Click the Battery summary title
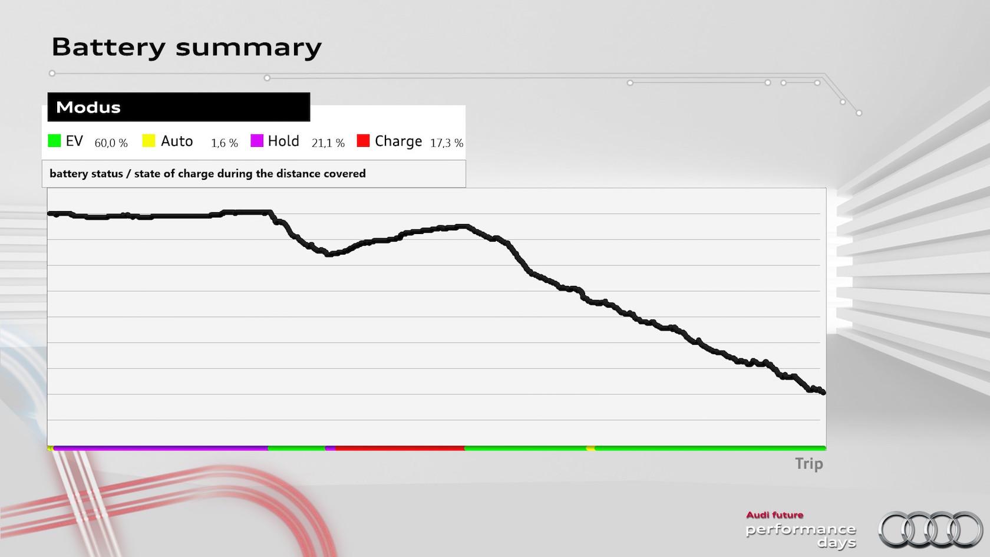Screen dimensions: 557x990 click(186, 47)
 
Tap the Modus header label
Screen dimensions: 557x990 click(88, 107)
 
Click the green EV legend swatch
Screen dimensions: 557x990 click(54, 141)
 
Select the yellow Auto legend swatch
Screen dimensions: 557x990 click(148, 141)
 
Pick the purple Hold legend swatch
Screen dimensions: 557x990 click(257, 141)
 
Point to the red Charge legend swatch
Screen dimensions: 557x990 click(363, 141)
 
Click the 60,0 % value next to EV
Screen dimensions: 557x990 click(111, 143)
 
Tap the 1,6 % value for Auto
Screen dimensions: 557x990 click(225, 143)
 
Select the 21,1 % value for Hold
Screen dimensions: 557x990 click(328, 143)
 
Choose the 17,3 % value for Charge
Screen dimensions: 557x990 click(447, 143)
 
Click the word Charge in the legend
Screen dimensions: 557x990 click(398, 141)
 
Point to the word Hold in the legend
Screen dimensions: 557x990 click(283, 141)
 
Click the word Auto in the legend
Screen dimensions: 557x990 click(177, 141)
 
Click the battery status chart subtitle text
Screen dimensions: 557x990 click(207, 174)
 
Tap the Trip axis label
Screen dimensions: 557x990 click(808, 464)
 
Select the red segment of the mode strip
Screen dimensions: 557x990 click(400, 449)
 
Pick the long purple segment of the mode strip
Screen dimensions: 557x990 click(160, 449)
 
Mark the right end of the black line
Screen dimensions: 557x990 click(823, 392)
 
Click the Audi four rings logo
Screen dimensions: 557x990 click(930, 529)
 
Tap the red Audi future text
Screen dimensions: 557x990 click(774, 515)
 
